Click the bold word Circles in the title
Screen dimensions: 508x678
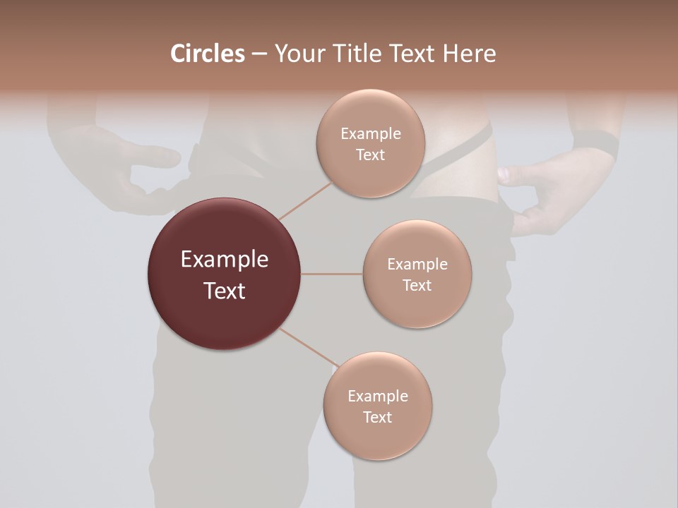pos(207,54)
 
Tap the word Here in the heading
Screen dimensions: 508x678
pos(470,54)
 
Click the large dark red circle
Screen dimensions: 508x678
pos(224,274)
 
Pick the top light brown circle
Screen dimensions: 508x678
pos(370,143)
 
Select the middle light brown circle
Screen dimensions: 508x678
pos(417,274)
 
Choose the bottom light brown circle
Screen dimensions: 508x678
pos(377,406)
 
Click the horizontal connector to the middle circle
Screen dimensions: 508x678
pos(331,274)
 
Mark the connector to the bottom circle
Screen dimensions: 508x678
pos(309,348)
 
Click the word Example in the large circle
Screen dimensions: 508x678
pos(224,260)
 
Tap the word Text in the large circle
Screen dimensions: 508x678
pos(224,291)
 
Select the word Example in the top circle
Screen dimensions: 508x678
pos(370,133)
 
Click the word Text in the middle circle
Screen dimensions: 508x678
pos(417,285)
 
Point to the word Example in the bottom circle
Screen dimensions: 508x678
pos(377,396)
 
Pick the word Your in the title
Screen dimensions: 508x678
pos(297,54)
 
